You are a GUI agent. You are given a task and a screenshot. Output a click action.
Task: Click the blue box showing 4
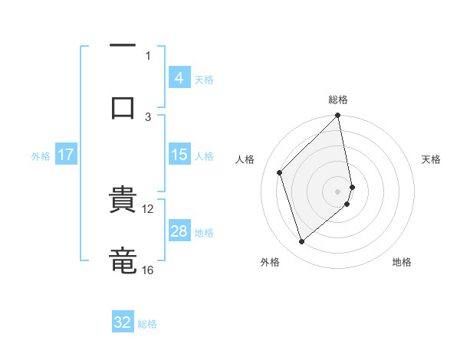(x=179, y=78)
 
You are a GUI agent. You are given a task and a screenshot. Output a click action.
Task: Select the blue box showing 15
(x=179, y=155)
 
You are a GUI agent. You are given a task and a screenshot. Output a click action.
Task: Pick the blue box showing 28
(x=179, y=231)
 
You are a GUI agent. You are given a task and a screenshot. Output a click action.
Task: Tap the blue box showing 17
(x=66, y=155)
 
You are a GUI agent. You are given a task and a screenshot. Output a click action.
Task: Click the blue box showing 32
(x=123, y=322)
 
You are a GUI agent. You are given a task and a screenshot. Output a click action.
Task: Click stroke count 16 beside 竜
(x=148, y=270)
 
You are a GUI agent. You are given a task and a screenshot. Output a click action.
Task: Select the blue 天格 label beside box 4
(x=204, y=79)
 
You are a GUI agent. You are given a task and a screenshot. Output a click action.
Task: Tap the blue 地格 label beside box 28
(x=204, y=232)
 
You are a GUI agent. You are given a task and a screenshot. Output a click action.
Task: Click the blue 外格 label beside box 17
(x=41, y=155)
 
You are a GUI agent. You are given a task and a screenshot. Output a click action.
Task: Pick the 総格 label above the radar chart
(x=338, y=100)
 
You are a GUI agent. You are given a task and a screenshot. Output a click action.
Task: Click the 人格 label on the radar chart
(x=245, y=159)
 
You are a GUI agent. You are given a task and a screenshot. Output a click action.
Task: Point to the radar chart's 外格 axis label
(x=270, y=262)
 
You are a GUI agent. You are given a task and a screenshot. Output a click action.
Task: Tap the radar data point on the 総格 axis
(x=338, y=116)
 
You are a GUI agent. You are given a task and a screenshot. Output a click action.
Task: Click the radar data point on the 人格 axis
(x=280, y=172)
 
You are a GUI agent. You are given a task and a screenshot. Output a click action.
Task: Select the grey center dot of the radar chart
(x=338, y=191)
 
